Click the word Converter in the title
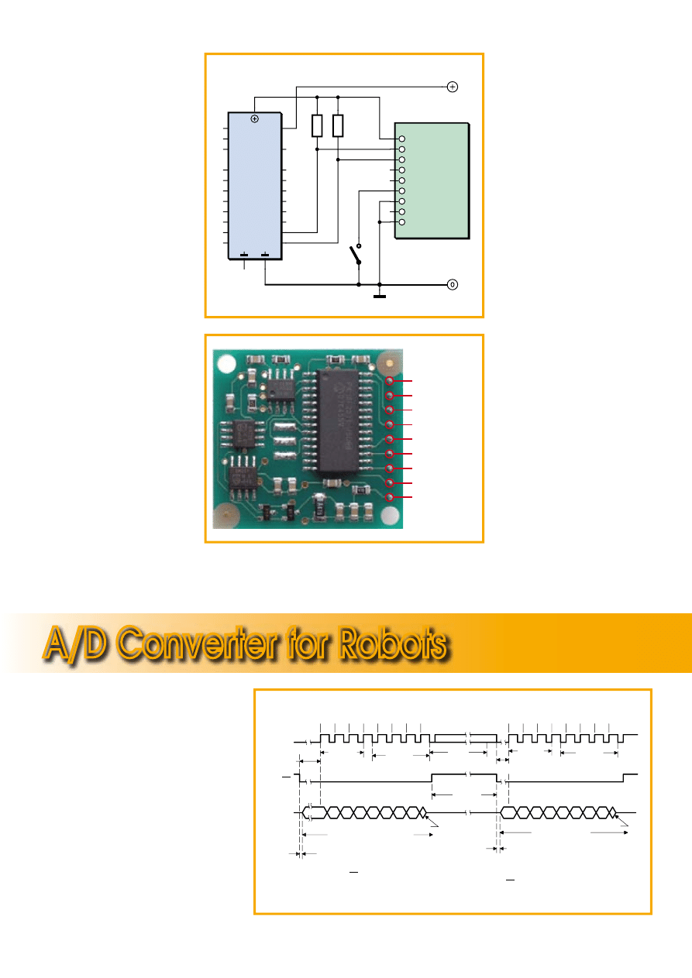point(212,643)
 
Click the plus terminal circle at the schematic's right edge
point(453,87)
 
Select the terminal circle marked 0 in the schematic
point(453,285)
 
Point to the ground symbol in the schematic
point(380,293)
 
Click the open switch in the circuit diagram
point(356,254)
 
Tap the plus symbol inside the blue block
point(254,118)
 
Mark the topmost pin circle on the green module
point(401,139)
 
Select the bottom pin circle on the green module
point(401,222)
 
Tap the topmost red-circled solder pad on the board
point(391,381)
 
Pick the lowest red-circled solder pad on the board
point(391,497)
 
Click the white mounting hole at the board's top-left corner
point(229,362)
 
